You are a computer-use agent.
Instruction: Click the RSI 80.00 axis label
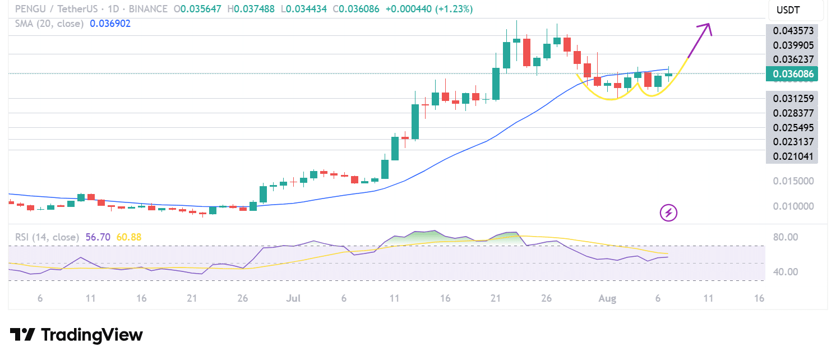coord(786,237)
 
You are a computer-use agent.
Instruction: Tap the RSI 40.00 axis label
coord(786,272)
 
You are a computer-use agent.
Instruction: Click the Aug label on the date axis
coord(607,298)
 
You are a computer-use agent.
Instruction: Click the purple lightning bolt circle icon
coord(668,213)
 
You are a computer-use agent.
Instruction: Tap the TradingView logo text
coord(92,335)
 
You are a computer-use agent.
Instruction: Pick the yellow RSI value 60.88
coord(129,237)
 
